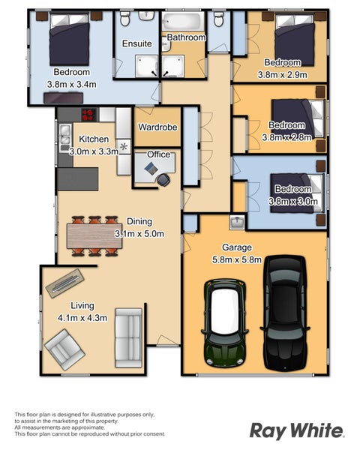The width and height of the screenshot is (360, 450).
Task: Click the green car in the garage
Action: click(x=224, y=322)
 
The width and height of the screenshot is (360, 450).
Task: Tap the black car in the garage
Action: click(x=285, y=313)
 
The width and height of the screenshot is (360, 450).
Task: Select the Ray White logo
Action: click(x=297, y=430)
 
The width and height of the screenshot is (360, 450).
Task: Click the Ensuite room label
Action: click(x=137, y=43)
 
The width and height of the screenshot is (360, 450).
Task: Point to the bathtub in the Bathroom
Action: click(x=183, y=22)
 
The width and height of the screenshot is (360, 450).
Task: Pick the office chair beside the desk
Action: click(x=163, y=180)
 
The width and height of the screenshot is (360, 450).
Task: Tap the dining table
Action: click(x=94, y=236)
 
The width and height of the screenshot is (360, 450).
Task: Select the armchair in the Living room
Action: click(x=65, y=349)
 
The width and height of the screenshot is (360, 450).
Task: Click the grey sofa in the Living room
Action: click(x=128, y=337)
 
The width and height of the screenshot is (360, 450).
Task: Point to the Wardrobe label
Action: click(x=157, y=127)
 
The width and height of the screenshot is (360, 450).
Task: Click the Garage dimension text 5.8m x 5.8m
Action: click(x=237, y=259)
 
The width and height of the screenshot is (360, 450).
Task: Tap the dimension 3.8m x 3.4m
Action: click(x=72, y=84)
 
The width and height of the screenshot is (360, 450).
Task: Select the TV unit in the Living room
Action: click(x=65, y=283)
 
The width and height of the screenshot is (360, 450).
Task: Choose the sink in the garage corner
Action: click(x=237, y=222)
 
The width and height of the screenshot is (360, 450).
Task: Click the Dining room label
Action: click(x=139, y=221)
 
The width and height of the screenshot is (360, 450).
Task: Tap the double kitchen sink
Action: click(x=65, y=137)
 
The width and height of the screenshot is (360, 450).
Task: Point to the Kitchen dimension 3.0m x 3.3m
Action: click(x=94, y=151)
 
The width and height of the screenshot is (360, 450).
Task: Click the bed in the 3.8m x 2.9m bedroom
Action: click(x=294, y=39)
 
